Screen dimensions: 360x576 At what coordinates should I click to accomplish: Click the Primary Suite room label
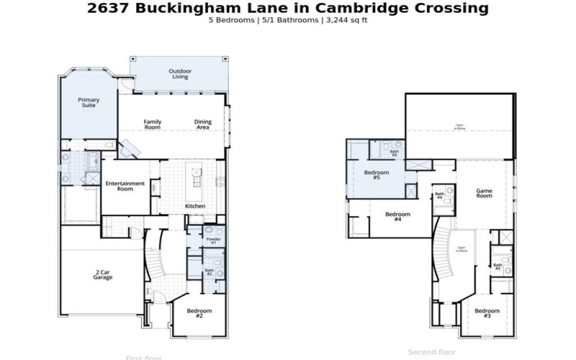pyautogui.click(x=89, y=103)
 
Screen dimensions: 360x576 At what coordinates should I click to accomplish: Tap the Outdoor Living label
pyautogui.click(x=179, y=74)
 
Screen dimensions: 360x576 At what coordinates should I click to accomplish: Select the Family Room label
pyautogui.click(x=152, y=125)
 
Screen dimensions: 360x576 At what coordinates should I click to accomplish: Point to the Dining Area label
pyautogui.click(x=203, y=125)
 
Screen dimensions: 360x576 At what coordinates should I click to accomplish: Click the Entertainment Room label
pyautogui.click(x=125, y=186)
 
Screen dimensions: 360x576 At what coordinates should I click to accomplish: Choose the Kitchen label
pyautogui.click(x=195, y=207)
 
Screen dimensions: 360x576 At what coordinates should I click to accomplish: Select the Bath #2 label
pyautogui.click(x=209, y=272)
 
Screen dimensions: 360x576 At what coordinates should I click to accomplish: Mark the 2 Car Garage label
pyautogui.click(x=103, y=274)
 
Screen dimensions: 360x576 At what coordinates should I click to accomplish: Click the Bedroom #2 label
pyautogui.click(x=199, y=314)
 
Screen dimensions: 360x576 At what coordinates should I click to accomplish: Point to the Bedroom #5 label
pyautogui.click(x=377, y=175)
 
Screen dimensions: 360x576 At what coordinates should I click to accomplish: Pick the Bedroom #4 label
pyautogui.click(x=397, y=217)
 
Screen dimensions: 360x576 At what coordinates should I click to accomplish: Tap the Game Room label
pyautogui.click(x=484, y=193)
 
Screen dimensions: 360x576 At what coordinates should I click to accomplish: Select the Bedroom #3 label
pyautogui.click(x=487, y=314)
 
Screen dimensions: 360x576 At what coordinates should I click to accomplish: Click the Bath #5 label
pyautogui.click(x=395, y=153)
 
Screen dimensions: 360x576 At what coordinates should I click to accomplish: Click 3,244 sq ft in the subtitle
pyautogui.click(x=348, y=19)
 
